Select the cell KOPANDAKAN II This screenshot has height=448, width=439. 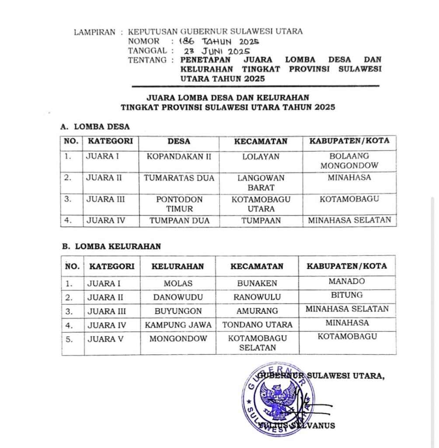click(x=178, y=157)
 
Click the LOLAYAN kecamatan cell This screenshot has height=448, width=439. click(x=261, y=157)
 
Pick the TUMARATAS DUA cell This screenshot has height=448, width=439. click(x=178, y=178)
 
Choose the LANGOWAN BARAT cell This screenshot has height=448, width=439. click(x=261, y=183)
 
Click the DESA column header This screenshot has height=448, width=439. click(x=178, y=142)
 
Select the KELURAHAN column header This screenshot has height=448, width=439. click(x=178, y=266)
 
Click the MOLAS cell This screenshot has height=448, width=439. click(x=178, y=283)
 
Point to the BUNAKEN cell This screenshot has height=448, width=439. click(x=257, y=283)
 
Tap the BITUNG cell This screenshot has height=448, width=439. click(x=347, y=295)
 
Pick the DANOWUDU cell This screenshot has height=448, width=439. click(x=178, y=297)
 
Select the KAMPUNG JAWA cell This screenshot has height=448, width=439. click(x=178, y=325)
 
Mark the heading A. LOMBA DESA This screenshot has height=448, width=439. click(x=95, y=127)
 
